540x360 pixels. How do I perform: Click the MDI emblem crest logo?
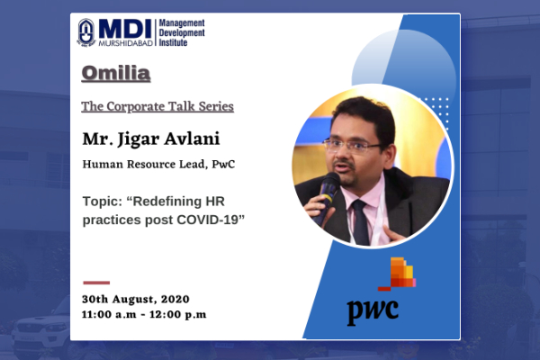[86, 32]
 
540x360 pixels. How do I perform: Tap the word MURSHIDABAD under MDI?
[126, 43]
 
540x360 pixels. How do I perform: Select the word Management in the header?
[182, 23]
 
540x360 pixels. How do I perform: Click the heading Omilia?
[116, 73]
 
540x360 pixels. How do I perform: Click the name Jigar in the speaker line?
[139, 139]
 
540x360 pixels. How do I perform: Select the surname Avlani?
[192, 139]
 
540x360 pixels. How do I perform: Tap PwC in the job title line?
[223, 165]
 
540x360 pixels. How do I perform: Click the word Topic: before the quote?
[103, 202]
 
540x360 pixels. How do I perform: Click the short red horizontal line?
[96, 283]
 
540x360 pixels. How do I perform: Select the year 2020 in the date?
[175, 299]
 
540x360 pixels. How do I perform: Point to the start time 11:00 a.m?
[109, 314]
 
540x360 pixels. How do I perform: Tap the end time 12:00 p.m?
[177, 314]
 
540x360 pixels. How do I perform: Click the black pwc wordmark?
[373, 310]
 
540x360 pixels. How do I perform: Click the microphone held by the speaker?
[327, 196]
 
